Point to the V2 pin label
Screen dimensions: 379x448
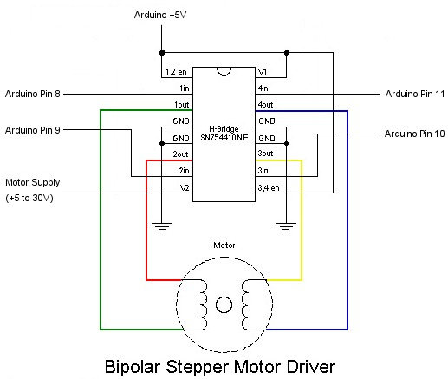pos(183,188)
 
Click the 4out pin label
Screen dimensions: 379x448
pos(266,105)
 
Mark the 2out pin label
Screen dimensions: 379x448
pos(180,154)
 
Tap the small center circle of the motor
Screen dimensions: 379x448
pos(224,304)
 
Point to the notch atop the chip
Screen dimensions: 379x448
pos(224,70)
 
